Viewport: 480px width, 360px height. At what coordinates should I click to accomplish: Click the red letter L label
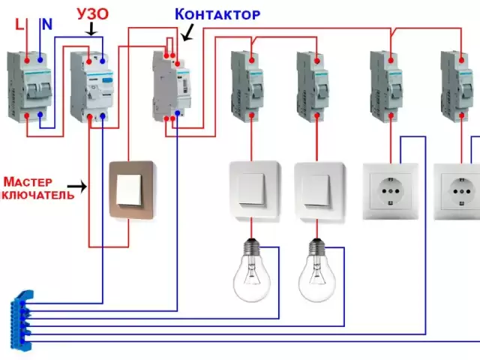point(19,24)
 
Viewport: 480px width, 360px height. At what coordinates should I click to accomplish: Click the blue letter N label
point(46,24)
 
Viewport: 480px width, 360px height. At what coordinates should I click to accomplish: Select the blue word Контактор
point(217,14)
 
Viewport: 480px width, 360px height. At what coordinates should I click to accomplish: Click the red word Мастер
point(28,181)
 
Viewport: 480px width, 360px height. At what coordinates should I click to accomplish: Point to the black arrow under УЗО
point(91,30)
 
